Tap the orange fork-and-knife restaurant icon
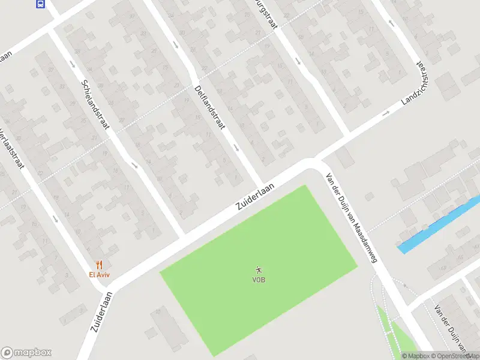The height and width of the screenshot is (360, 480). point(100,265)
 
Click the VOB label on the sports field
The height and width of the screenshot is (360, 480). point(259,279)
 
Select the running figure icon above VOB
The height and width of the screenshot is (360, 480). point(259,270)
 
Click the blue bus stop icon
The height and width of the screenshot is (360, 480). point(40,4)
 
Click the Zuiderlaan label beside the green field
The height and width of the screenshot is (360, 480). point(255,197)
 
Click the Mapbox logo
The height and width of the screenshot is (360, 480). point(26,353)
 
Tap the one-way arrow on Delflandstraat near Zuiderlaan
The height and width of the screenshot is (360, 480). point(236,148)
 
